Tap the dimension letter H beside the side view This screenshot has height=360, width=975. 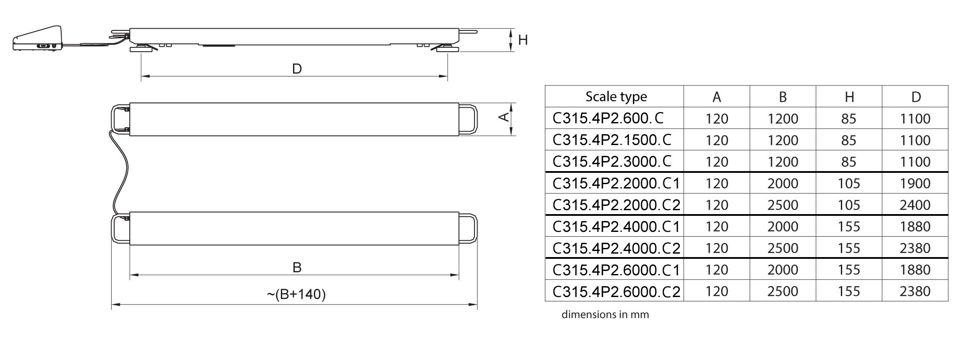[523, 40]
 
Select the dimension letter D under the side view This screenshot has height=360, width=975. [297, 69]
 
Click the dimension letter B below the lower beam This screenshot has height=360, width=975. [297, 267]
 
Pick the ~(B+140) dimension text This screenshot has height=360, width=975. [296, 294]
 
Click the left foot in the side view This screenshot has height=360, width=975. [142, 49]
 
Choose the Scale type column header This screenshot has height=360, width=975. [616, 96]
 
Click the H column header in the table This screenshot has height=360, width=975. [849, 97]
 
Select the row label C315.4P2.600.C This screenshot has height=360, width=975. [608, 118]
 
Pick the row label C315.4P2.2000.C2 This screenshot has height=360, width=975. [616, 205]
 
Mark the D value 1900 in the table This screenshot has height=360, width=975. [915, 183]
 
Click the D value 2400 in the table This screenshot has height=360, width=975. [915, 205]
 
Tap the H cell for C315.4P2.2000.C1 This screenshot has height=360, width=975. [849, 183]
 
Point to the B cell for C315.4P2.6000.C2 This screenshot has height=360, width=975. [783, 291]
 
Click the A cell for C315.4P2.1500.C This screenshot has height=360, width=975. [717, 140]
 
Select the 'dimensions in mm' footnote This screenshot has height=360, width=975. [605, 314]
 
